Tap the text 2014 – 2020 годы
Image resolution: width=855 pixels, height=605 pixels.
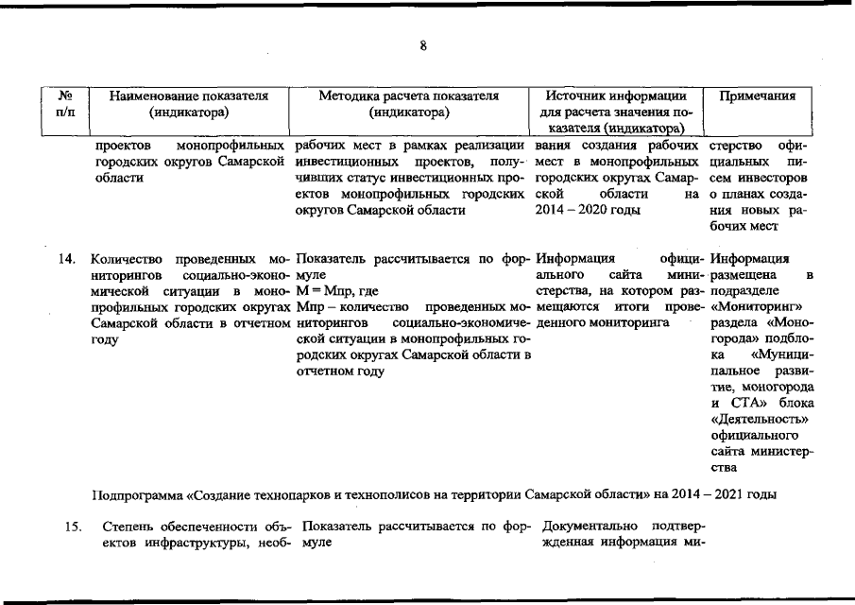575,210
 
